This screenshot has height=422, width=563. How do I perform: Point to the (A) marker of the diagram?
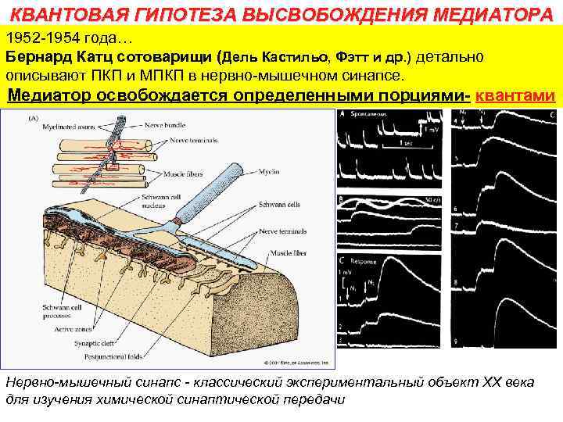pos(35,117)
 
